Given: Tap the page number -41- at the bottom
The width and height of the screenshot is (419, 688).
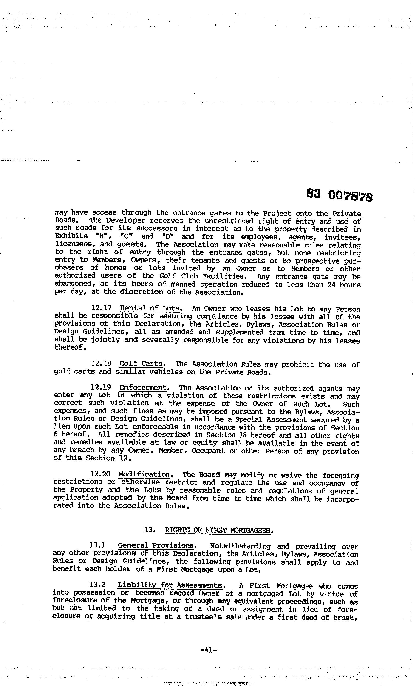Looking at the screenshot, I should pos(209,650).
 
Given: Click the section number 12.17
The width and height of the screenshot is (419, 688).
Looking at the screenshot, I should pos(102,308).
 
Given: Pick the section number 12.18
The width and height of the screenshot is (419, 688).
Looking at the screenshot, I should pos(101,364).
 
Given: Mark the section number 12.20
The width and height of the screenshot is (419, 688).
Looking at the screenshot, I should pos(100,474).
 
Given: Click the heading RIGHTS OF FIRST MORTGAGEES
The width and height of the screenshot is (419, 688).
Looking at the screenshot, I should pos(218,530).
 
